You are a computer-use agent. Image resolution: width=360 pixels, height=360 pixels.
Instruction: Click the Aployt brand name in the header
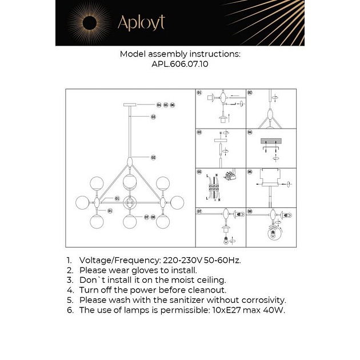[x=141, y=22]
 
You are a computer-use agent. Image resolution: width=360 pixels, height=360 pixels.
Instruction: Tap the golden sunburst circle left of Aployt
[x=90, y=23]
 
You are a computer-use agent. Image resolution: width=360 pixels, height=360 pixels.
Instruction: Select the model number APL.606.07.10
[x=180, y=65]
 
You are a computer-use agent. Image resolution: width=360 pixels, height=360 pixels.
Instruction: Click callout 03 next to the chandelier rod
[x=153, y=117]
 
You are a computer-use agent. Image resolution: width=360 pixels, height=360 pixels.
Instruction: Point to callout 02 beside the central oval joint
[x=153, y=157]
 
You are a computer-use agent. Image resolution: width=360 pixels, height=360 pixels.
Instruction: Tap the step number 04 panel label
[x=250, y=132]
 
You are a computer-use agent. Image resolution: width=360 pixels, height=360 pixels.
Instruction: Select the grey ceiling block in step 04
[x=271, y=140]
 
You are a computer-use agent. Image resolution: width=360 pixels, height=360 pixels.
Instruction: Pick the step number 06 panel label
[x=250, y=171]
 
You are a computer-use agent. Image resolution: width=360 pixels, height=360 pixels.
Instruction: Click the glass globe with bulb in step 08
[x=274, y=234]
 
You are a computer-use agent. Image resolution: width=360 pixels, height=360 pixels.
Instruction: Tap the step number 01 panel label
[x=199, y=92]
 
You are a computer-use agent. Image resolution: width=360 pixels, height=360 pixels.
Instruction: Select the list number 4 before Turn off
[x=69, y=290]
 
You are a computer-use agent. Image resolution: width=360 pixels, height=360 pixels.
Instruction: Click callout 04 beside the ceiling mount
[x=159, y=105]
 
